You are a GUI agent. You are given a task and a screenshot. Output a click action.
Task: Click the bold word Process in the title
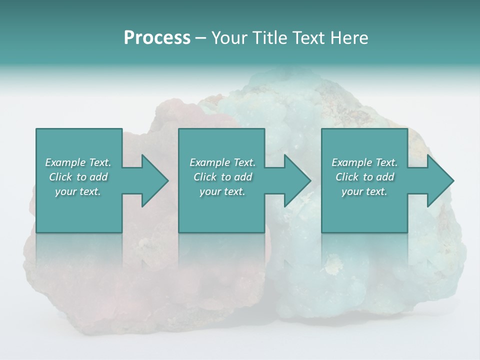click(x=157, y=38)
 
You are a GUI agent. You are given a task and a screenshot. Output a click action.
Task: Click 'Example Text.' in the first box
click(x=78, y=162)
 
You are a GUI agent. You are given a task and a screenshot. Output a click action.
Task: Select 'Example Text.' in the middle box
click(x=222, y=162)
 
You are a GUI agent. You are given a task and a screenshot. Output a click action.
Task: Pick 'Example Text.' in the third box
click(x=364, y=162)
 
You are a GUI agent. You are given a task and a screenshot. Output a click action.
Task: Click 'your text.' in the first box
click(x=78, y=191)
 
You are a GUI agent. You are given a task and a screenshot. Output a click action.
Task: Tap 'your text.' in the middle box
click(x=222, y=191)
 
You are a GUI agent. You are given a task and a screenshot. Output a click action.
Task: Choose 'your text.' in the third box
click(x=364, y=191)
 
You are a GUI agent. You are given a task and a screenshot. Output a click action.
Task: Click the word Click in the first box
click(x=60, y=177)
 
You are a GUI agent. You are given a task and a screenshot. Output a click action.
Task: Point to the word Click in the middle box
click(x=205, y=177)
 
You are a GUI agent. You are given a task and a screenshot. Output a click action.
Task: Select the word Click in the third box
click(x=347, y=177)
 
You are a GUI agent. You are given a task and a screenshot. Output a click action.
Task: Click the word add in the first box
click(x=98, y=177)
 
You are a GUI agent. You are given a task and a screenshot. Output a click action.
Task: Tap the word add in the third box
click(x=385, y=177)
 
